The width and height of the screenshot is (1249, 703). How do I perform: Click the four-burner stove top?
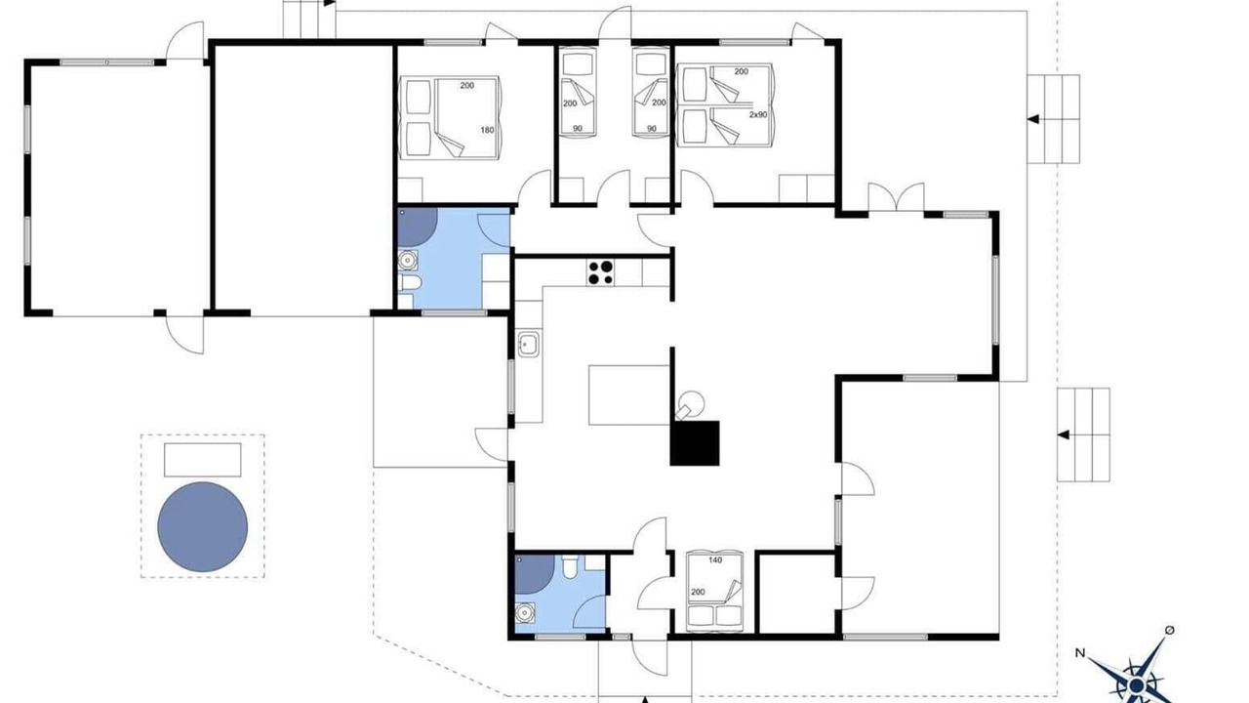[x=600, y=272]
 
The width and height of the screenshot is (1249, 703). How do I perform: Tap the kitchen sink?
[x=528, y=344]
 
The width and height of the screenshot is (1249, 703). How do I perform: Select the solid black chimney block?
[x=695, y=443]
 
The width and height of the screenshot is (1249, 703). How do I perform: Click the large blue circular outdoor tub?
[x=202, y=526]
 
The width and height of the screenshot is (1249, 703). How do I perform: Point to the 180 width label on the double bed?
[x=487, y=130]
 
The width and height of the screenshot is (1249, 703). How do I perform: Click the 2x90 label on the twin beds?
[x=758, y=114]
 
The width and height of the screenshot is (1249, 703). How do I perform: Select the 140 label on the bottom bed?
[x=715, y=560]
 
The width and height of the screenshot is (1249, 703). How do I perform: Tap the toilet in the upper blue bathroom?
[x=410, y=283]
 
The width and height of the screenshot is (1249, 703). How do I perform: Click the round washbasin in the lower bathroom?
[x=525, y=613]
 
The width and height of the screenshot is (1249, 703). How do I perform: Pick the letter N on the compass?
[x=1080, y=653]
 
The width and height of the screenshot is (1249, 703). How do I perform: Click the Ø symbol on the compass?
[x=1170, y=630]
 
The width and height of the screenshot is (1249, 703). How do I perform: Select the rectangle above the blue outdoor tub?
[x=202, y=460]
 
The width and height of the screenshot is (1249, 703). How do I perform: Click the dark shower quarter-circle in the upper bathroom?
[x=417, y=227]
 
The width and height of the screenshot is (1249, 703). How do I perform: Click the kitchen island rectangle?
[x=629, y=395]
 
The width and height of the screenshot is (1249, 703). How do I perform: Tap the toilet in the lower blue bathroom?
[x=570, y=567]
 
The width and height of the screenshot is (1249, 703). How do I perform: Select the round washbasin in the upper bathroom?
[x=408, y=261]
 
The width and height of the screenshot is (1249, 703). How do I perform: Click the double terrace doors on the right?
[x=896, y=197]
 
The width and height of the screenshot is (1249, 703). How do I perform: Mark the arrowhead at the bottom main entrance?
[x=645, y=699]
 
